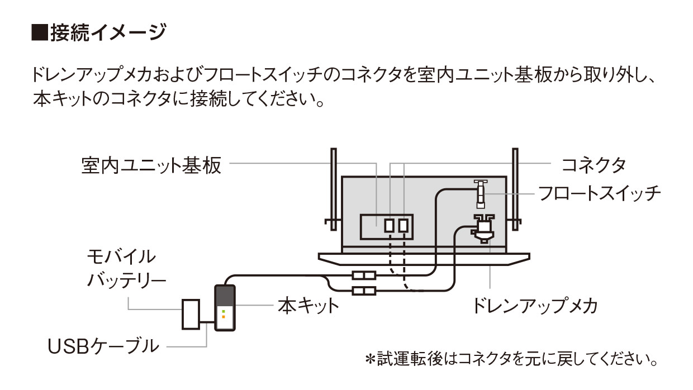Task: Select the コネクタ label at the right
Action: pos(593,165)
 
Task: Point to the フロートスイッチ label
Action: pos(599,193)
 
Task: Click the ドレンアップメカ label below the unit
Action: pos(535,306)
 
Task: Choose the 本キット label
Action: pos(308,306)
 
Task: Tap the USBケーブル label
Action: pos(103,346)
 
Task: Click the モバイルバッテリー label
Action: pos(126,268)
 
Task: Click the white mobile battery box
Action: pos(191,314)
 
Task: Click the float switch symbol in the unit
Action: pos(480,192)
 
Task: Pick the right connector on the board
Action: pos(403,225)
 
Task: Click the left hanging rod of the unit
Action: pos(334,190)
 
